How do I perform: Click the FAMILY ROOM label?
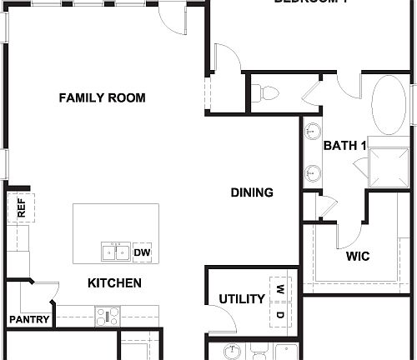102,98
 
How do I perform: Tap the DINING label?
252,192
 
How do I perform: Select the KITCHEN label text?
114,283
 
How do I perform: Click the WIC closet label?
358,256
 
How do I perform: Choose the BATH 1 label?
345,146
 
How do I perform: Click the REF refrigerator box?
21,208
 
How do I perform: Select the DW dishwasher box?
142,252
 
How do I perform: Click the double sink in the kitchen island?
115,252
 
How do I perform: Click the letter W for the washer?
280,291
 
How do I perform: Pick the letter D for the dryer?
280,314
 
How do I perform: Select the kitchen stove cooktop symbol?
108,316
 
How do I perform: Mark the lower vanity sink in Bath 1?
313,173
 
